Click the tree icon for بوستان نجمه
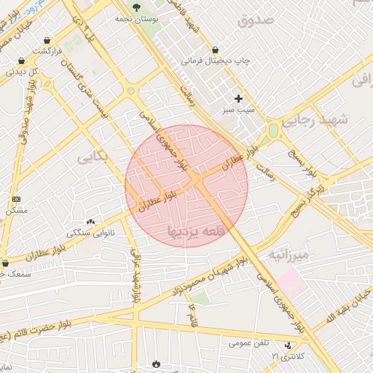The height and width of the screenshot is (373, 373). pos(135,7)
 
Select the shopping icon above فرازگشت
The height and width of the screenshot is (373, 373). pos(47,41)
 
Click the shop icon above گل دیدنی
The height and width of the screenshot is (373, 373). pos(20,60)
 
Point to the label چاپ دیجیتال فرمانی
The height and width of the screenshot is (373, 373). pos(215,61)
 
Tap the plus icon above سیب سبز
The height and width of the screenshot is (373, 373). pos(238,98)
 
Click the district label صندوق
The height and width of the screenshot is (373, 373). pos(255,20)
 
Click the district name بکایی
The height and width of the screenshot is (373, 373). pos(95,155)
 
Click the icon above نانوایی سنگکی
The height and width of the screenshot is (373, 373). pos(90,221)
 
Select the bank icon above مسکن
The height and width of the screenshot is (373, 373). pos(16,198)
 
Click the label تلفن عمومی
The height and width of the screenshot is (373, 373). pos(249,342)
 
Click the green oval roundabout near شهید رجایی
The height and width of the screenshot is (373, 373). pos(273,130)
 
